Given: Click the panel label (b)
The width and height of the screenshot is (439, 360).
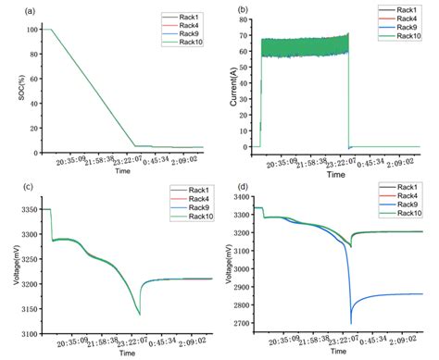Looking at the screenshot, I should tap(242, 12).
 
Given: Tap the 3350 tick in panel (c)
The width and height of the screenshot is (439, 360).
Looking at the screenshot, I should tap(27, 210).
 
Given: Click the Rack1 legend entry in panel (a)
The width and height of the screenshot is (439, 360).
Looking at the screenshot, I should tap(185, 16).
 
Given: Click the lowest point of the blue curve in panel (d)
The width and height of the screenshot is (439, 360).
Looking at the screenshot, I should tap(351, 323).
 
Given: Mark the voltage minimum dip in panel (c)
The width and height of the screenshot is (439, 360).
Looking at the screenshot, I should tap(140, 315).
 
